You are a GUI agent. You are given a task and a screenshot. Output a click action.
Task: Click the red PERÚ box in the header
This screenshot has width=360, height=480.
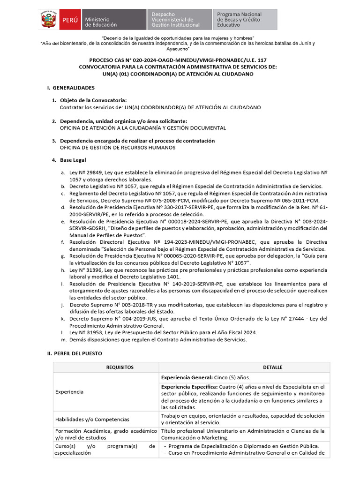[68, 20]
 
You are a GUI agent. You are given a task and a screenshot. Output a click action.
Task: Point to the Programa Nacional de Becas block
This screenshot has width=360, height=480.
[244, 20]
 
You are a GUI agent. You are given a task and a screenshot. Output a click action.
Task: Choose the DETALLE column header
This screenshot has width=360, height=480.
[272, 367]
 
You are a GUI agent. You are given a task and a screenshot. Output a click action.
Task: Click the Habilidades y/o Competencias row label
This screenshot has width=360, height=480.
[92, 419]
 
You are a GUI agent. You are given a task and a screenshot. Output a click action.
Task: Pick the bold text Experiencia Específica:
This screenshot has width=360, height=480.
[189, 387]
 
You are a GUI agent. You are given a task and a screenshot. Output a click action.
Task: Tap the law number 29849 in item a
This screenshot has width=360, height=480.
[91, 173]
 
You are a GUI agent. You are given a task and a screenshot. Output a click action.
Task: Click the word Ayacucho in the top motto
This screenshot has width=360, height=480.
[178, 48]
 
